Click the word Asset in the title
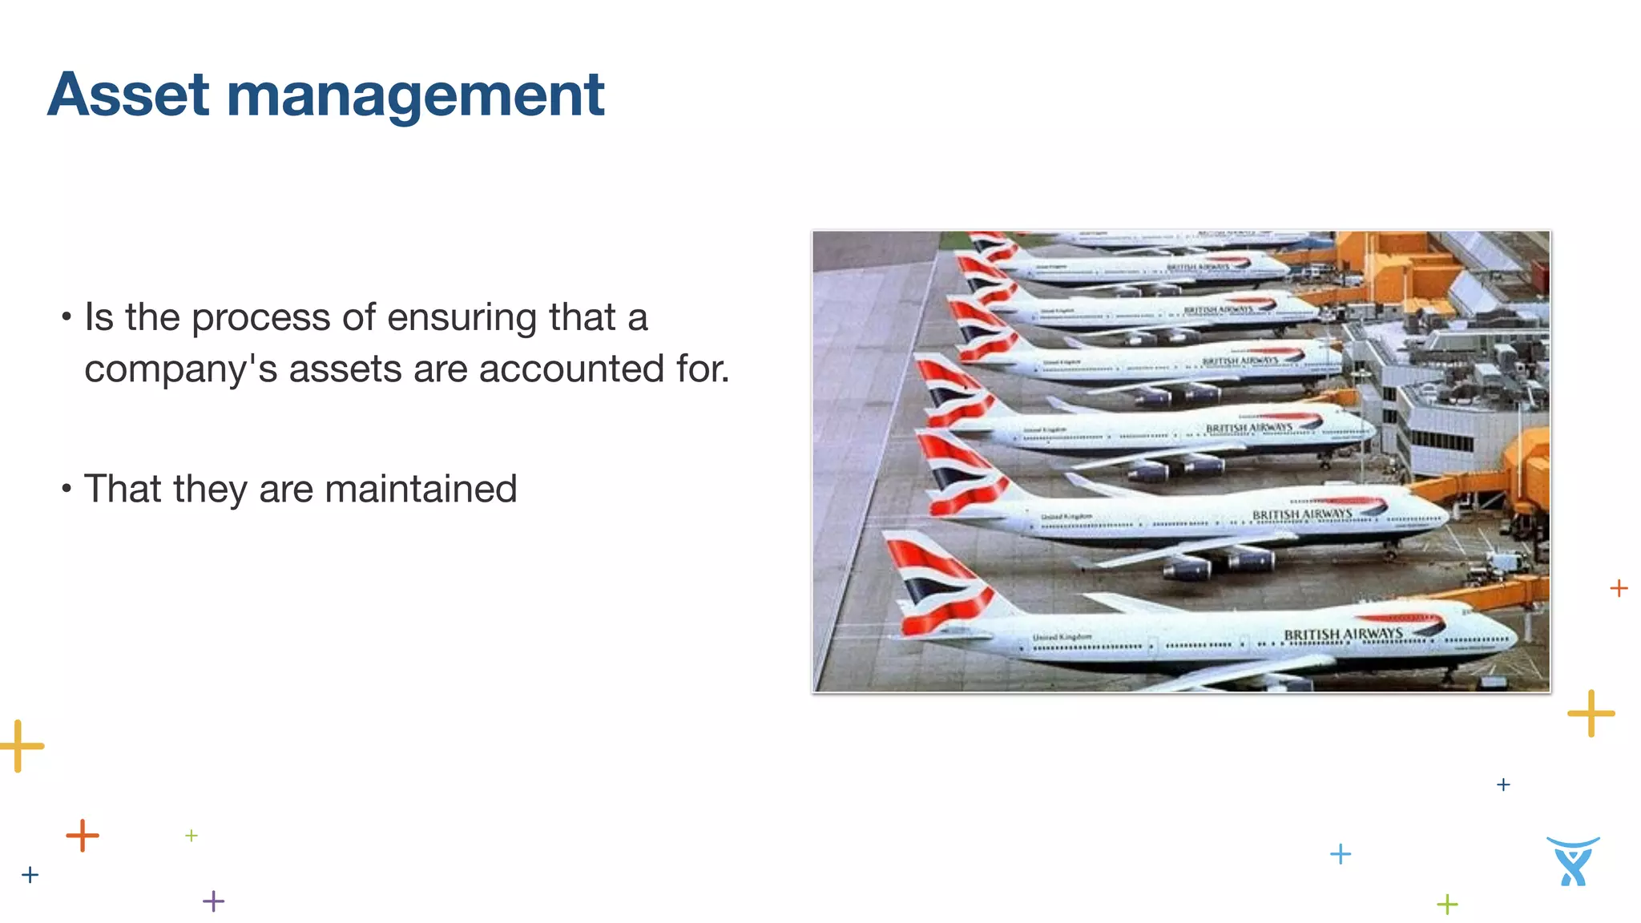pyautogui.click(x=129, y=95)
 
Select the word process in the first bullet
pyautogui.click(x=260, y=317)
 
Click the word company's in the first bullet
pyautogui.click(x=181, y=369)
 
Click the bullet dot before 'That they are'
pyautogui.click(x=67, y=488)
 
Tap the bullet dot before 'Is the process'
pyautogui.click(x=67, y=316)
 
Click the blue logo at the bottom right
pyautogui.click(x=1573, y=861)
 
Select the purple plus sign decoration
pyautogui.click(x=214, y=901)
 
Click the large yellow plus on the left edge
pyautogui.click(x=19, y=746)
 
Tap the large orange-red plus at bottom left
pyautogui.click(x=83, y=836)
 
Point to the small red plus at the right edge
pyautogui.click(x=1619, y=588)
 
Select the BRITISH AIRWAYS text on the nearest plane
pyautogui.click(x=1343, y=635)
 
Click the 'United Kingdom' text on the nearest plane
pyautogui.click(x=1062, y=638)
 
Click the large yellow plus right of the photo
pyautogui.click(x=1591, y=713)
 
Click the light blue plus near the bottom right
pyautogui.click(x=1340, y=854)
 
